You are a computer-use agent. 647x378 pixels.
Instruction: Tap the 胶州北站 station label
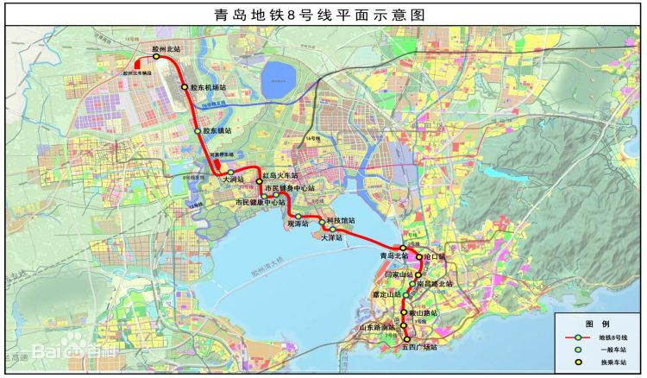point(166,50)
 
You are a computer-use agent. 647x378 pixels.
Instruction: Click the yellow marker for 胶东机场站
point(184,87)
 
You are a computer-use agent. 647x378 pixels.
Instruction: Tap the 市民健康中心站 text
point(260,202)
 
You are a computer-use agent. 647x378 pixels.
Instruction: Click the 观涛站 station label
point(298,223)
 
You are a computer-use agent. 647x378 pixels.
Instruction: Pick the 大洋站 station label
point(331,236)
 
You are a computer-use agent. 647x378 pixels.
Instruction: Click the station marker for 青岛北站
point(403,249)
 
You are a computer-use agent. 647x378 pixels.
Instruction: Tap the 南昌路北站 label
point(434,283)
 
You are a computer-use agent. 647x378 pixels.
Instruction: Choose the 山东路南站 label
point(376,328)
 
